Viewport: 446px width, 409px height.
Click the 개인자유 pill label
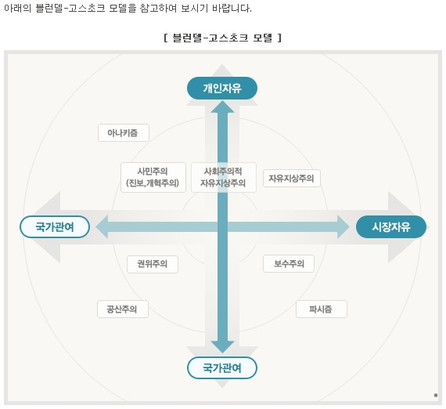pos(222,89)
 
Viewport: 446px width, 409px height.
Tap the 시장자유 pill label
pos(391,226)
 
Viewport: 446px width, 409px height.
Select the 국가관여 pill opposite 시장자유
pos(55,226)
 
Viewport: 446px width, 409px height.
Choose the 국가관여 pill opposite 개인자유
pos(222,367)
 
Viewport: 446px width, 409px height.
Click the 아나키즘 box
pos(124,132)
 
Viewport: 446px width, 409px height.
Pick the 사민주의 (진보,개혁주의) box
pos(153,177)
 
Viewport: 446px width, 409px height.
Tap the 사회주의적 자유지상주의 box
pos(223,177)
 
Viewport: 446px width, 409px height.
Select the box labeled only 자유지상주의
pos(292,179)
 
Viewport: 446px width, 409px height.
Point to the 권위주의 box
pos(153,264)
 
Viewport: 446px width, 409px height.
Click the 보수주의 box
pos(289,264)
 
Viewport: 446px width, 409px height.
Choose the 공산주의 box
pos(123,309)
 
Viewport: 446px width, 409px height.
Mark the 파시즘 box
pos(322,309)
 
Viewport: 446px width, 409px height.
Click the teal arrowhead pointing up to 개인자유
pos(223,107)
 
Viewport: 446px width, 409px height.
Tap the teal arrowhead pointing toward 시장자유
pos(343,226)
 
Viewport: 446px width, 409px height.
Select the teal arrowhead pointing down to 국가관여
pos(223,347)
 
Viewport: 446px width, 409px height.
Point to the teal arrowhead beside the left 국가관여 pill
pos(102,226)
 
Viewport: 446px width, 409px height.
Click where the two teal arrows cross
pos(223,226)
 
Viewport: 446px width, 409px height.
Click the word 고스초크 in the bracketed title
pos(228,38)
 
